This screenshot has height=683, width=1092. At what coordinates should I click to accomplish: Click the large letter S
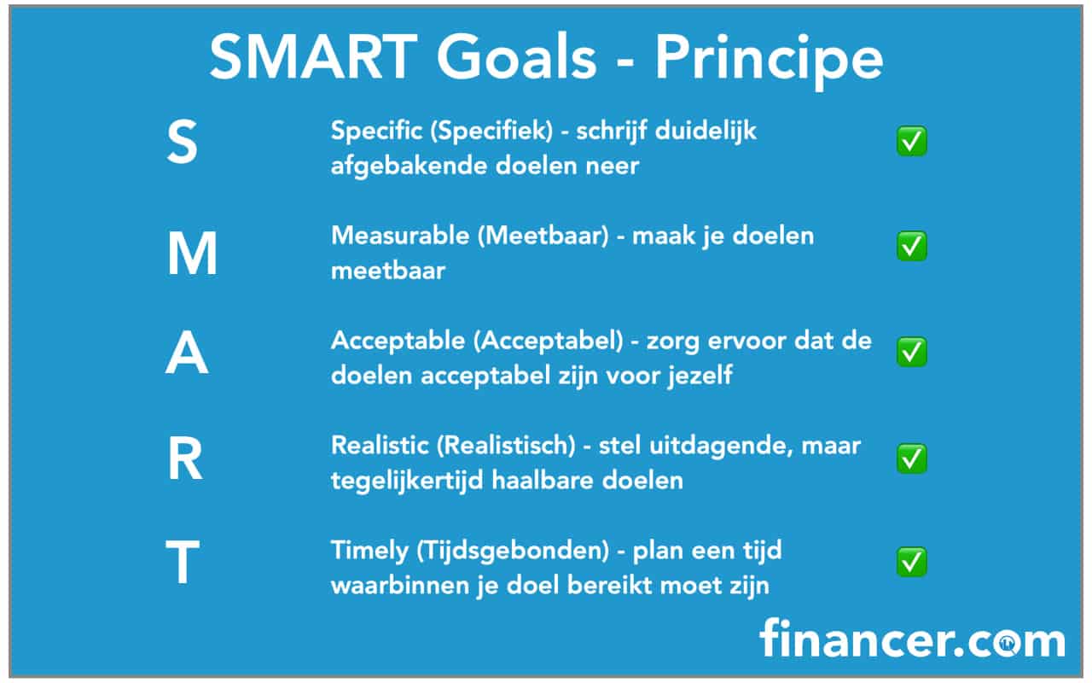click(x=183, y=142)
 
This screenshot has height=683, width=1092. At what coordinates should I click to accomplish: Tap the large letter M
click(x=192, y=254)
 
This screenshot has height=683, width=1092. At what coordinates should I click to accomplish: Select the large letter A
click(x=187, y=353)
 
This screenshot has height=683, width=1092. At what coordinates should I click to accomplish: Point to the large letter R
click(x=185, y=458)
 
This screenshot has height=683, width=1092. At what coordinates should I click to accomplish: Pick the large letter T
click(x=183, y=562)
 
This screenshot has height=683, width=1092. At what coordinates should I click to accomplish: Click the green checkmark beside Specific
click(x=912, y=142)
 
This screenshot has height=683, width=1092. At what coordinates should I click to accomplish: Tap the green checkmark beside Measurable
click(x=912, y=246)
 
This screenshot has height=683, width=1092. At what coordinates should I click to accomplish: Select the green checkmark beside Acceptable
click(x=912, y=352)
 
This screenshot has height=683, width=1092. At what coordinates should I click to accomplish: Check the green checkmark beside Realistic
click(x=912, y=458)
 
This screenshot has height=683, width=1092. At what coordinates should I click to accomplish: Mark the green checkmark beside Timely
click(x=912, y=562)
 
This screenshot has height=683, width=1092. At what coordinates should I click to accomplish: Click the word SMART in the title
click(x=313, y=56)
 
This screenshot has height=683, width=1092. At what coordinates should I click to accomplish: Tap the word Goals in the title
click(x=517, y=56)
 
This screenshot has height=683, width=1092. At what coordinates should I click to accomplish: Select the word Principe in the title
click(x=769, y=61)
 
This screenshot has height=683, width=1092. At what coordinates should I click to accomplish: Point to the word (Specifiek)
click(x=492, y=131)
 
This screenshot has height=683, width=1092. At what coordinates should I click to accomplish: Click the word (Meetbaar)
click(x=543, y=236)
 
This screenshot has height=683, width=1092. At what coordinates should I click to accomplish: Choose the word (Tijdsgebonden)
click(x=513, y=552)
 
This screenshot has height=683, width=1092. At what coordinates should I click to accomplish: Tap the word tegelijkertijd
click(x=407, y=481)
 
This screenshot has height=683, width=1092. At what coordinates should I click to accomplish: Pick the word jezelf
click(x=700, y=377)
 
